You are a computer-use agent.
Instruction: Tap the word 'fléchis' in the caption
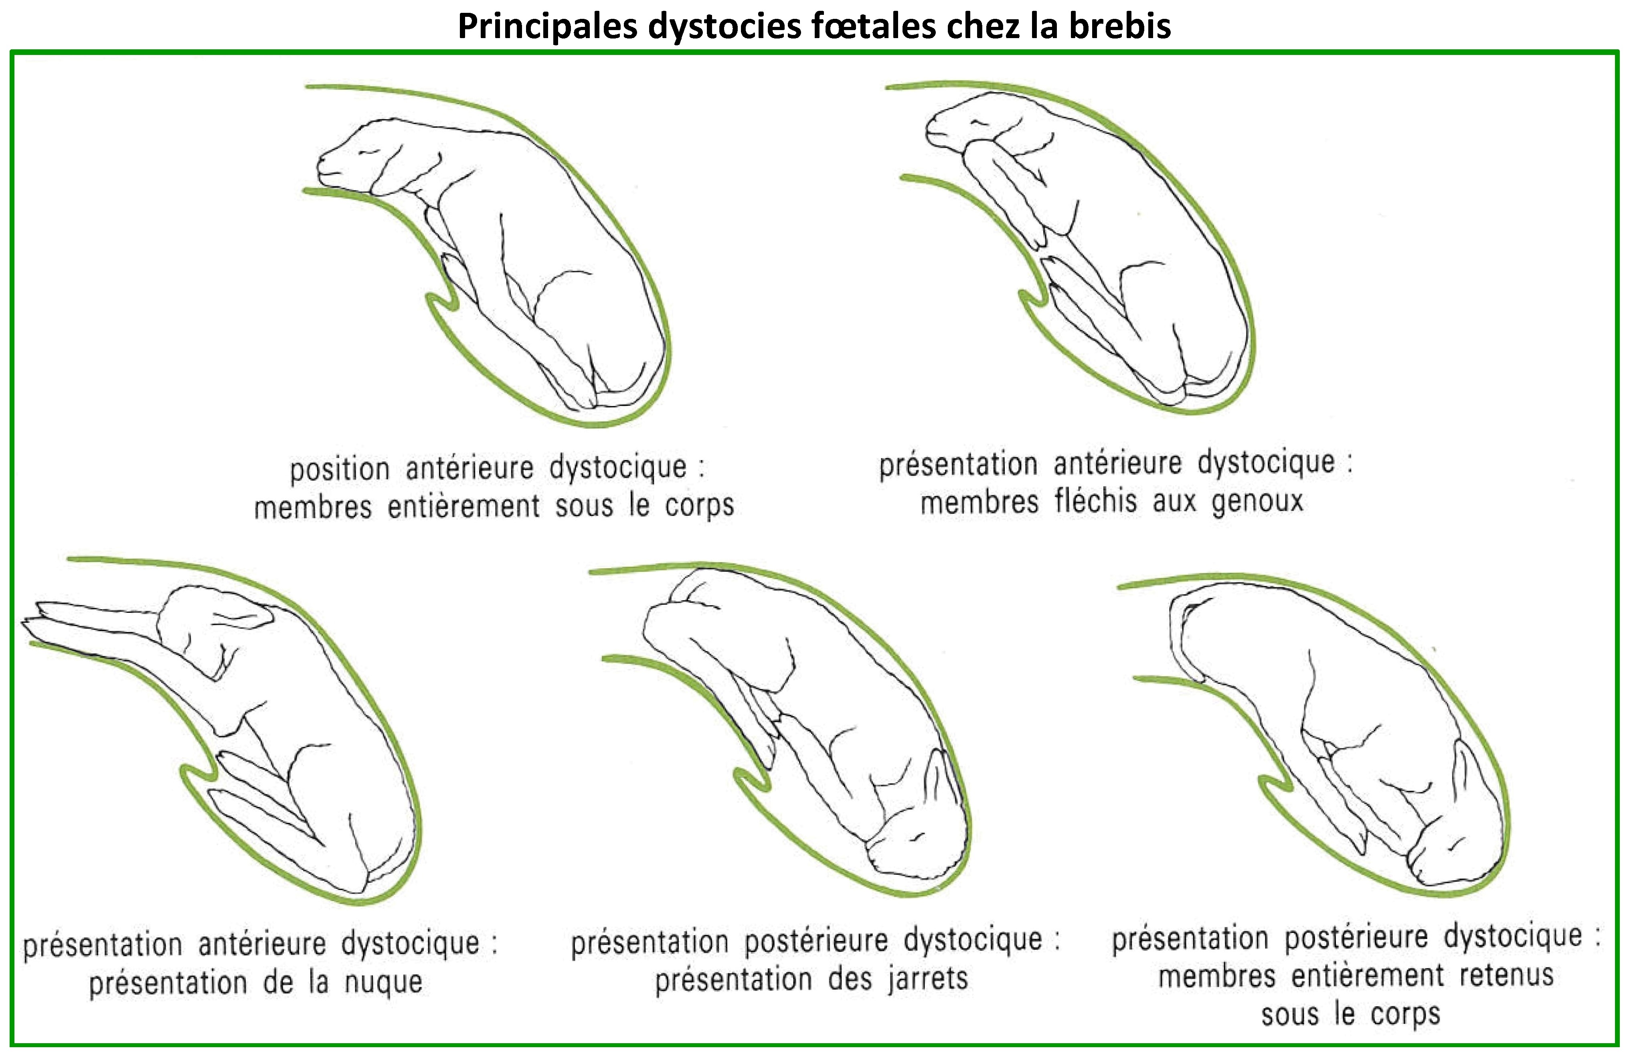(x=1096, y=500)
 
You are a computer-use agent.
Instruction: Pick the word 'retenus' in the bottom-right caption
(x=1506, y=975)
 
